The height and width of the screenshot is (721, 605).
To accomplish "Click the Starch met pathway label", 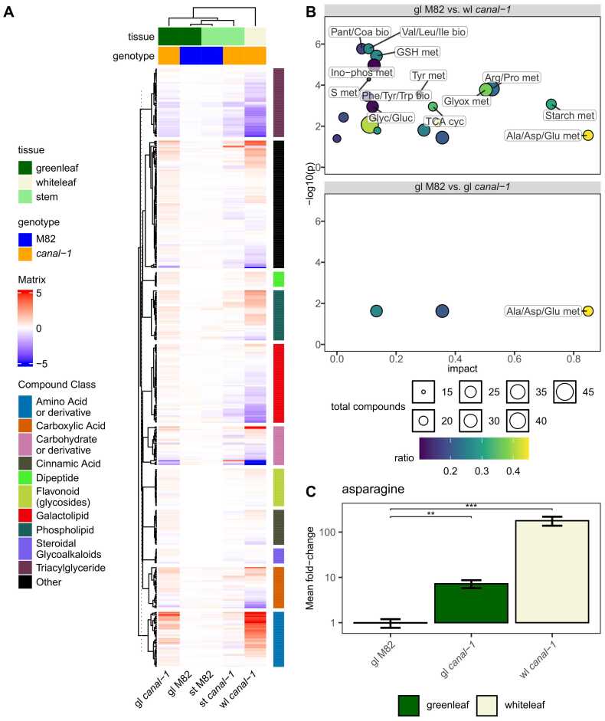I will click(569, 116).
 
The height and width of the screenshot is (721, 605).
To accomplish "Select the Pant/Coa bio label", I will click(360, 32).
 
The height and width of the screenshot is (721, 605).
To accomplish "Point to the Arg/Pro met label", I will click(512, 77).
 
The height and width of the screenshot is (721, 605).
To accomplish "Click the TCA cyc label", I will click(444, 121).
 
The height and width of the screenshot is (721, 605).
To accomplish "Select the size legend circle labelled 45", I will click(565, 392).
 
